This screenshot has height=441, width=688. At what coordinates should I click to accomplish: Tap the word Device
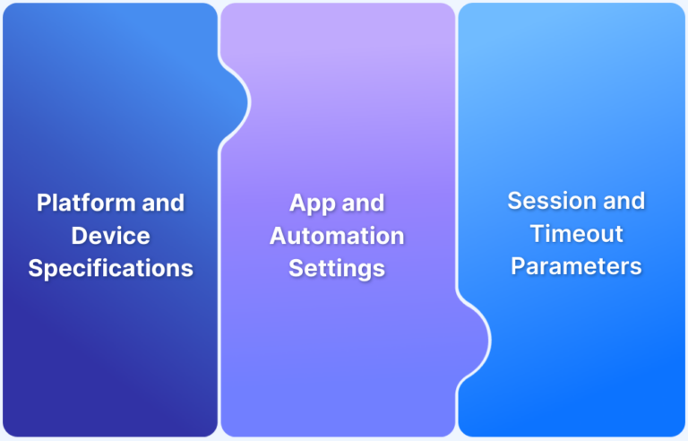pos(110,236)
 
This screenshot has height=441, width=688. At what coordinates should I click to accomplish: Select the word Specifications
pos(110,269)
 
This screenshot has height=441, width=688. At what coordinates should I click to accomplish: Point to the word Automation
pos(337,236)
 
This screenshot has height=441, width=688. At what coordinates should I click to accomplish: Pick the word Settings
pos(337,268)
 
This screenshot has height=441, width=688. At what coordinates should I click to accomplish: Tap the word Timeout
pos(575,233)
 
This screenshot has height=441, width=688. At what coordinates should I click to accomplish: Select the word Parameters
pos(576,266)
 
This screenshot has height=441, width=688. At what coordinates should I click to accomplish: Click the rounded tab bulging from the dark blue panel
pos(235,98)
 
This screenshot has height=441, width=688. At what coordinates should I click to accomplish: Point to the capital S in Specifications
pos(35,269)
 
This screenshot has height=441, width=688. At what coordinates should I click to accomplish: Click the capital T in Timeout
pos(537,233)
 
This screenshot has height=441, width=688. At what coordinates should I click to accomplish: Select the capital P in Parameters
pos(519,266)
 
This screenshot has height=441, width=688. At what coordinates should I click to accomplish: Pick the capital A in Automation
pos(278,236)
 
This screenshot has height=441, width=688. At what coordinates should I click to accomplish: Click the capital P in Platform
pos(44,203)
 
